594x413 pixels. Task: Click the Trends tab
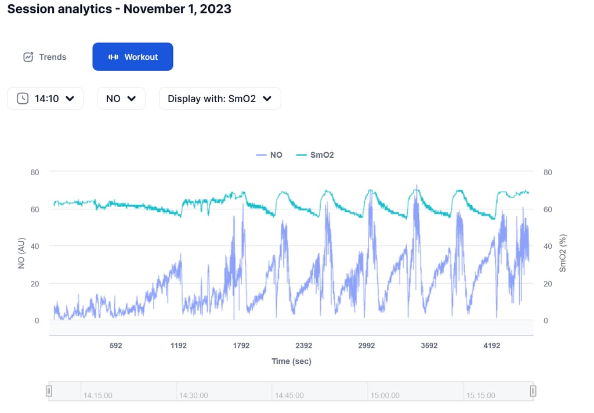pyautogui.click(x=45, y=57)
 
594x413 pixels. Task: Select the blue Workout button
pyautogui.click(x=133, y=57)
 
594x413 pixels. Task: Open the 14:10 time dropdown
pyautogui.click(x=46, y=99)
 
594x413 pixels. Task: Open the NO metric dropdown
pyautogui.click(x=121, y=99)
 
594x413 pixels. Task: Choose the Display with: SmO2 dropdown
pyautogui.click(x=220, y=99)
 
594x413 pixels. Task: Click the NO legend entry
pyautogui.click(x=269, y=155)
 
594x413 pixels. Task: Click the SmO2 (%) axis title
pyautogui.click(x=562, y=253)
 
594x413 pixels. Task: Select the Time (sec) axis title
pyautogui.click(x=291, y=361)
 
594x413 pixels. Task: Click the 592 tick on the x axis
pyautogui.click(x=116, y=346)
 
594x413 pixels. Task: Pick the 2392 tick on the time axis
pyautogui.click(x=304, y=346)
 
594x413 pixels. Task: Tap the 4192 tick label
pyautogui.click(x=492, y=346)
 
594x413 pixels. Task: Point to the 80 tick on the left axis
pyautogui.click(x=35, y=172)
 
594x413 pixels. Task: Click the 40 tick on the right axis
pyautogui.click(x=548, y=247)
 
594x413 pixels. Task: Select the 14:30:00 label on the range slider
pyautogui.click(x=194, y=395)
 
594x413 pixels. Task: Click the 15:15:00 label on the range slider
pyautogui.click(x=481, y=395)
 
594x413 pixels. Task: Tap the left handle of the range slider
pyautogui.click(x=49, y=391)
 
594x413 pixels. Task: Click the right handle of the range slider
pyautogui.click(x=533, y=391)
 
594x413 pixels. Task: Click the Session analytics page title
pyautogui.click(x=119, y=9)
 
